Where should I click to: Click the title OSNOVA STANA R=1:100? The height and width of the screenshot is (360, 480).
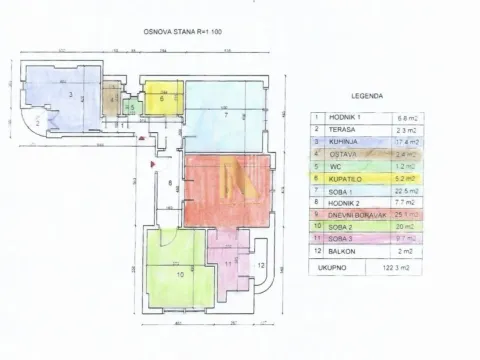click(x=180, y=35)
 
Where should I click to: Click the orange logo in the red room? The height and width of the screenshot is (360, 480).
click(x=236, y=183)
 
